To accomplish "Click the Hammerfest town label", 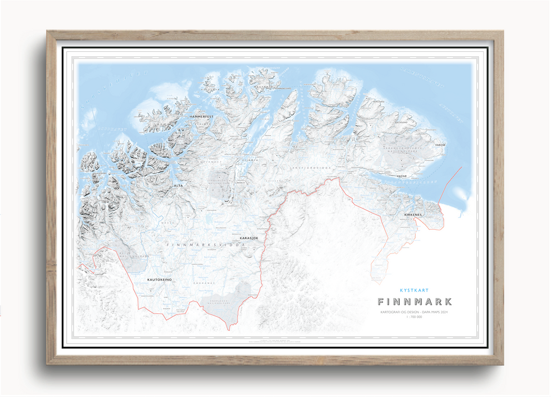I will [201, 116].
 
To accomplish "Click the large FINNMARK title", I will [415, 302].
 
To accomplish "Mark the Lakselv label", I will [240, 182].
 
